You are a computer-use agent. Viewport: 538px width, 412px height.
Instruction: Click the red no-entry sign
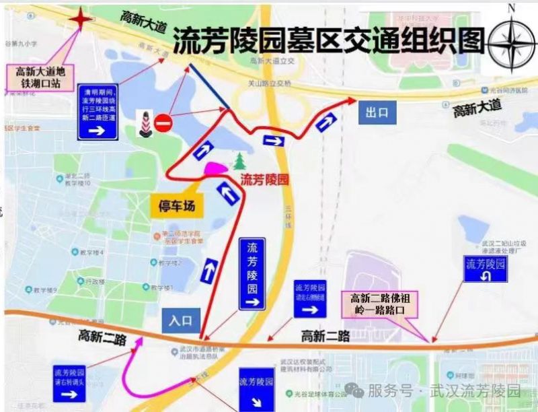tap(164, 123)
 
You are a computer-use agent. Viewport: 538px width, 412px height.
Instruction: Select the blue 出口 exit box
tap(377, 112)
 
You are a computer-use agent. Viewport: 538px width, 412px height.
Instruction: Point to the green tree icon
tap(239, 161)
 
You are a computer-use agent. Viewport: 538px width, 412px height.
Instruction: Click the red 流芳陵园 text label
tap(264, 180)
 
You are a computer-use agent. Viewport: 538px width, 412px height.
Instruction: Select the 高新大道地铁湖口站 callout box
tap(41, 76)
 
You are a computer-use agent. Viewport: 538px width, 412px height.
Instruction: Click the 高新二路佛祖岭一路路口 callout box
tap(382, 304)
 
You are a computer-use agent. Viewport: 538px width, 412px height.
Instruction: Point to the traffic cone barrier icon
tap(143, 123)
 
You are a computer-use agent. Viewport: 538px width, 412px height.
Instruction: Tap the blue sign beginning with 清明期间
tap(98, 112)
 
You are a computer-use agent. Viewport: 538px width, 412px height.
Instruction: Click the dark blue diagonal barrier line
tap(209, 87)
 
